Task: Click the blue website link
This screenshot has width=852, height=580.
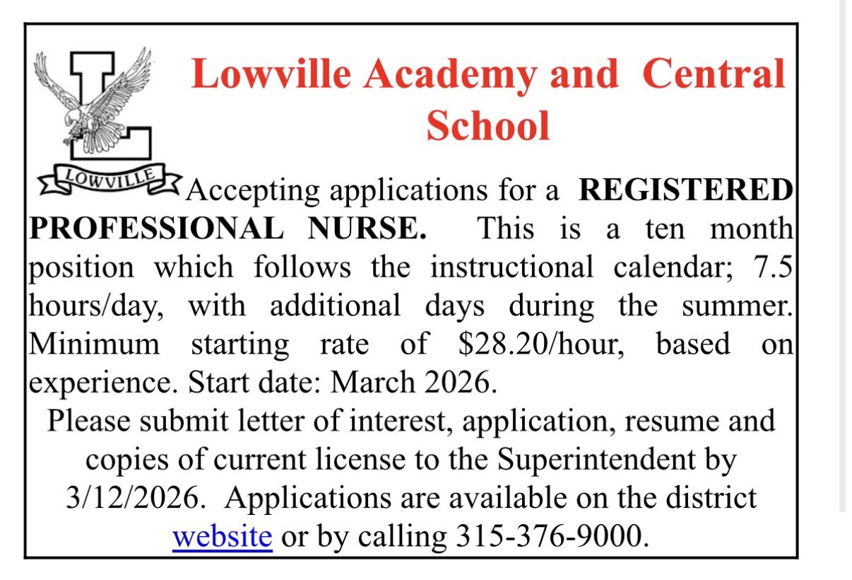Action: point(223,536)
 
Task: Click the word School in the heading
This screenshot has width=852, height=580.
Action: point(488,126)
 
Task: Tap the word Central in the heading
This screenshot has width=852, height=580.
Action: point(714,74)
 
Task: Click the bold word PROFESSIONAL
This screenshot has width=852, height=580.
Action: point(156,228)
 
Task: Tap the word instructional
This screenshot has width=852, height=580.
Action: point(512,267)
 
